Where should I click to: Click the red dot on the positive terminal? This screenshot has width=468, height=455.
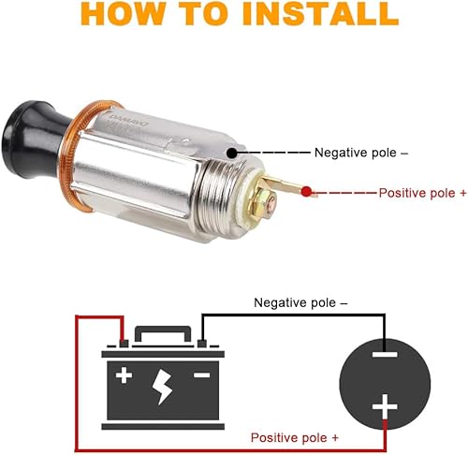click(307, 192)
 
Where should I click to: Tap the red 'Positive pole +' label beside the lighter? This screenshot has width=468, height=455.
click(422, 193)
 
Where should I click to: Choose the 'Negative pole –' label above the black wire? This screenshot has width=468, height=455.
click(300, 302)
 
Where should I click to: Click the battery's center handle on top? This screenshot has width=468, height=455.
click(164, 335)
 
